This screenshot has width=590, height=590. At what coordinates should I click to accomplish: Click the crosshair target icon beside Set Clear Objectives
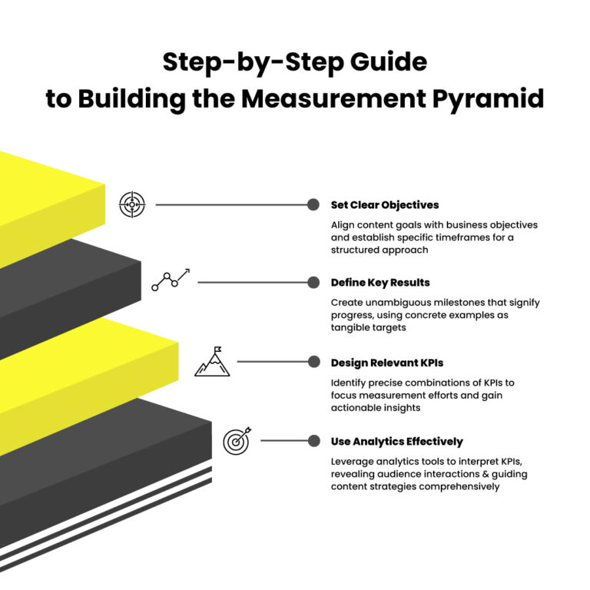coord(132,204)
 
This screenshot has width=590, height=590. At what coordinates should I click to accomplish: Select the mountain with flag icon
coord(211,361)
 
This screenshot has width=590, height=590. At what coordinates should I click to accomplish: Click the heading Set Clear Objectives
coord(385,205)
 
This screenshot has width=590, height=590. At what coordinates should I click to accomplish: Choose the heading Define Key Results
coord(380,283)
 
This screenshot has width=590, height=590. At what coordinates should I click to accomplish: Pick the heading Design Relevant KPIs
coord(387,363)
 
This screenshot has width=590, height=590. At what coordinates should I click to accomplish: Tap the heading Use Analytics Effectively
coord(396,442)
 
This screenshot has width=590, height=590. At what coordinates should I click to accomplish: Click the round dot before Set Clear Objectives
coord(313,204)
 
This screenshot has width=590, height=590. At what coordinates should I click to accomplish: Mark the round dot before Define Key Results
coord(313,282)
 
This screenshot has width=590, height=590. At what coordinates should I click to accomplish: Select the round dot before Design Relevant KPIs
coord(313,361)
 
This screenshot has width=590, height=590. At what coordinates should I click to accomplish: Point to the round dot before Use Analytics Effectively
coord(313,441)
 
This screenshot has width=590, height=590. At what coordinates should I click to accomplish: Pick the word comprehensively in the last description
coord(455,486)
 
